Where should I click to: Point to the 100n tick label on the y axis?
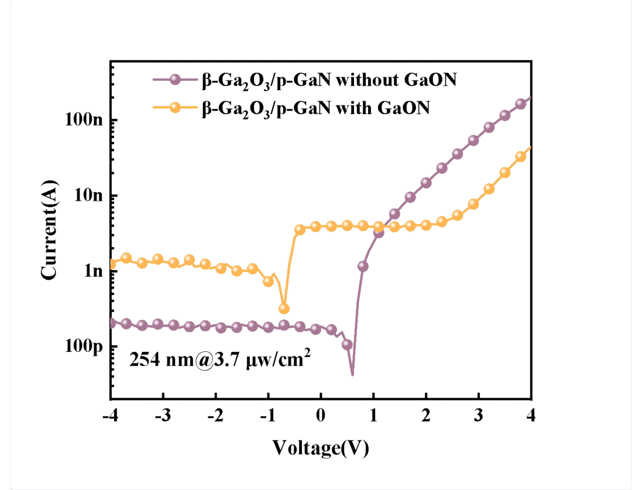[84, 120]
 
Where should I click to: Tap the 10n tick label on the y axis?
[89, 196]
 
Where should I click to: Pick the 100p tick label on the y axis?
[84, 347]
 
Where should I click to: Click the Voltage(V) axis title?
[321, 448]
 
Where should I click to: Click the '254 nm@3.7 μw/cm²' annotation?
[219, 358]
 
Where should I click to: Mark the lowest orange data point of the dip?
[284, 309]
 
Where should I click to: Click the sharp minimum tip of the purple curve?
[352, 374]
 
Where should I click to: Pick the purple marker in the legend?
[174, 80]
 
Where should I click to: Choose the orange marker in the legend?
[174, 107]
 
